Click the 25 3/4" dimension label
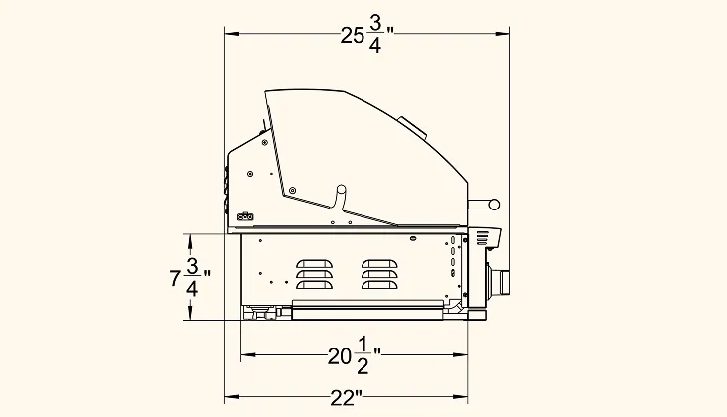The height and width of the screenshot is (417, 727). (366, 36)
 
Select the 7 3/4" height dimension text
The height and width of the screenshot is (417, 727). (190, 277)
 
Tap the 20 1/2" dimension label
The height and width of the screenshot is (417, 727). (355, 355)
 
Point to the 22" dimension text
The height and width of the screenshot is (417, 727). (347, 397)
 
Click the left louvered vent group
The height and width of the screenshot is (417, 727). (315, 274)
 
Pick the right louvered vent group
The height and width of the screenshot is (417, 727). (379, 274)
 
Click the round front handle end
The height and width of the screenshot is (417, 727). (494, 204)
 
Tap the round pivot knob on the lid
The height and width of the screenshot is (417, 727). (341, 189)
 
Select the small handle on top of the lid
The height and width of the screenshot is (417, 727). (412, 126)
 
